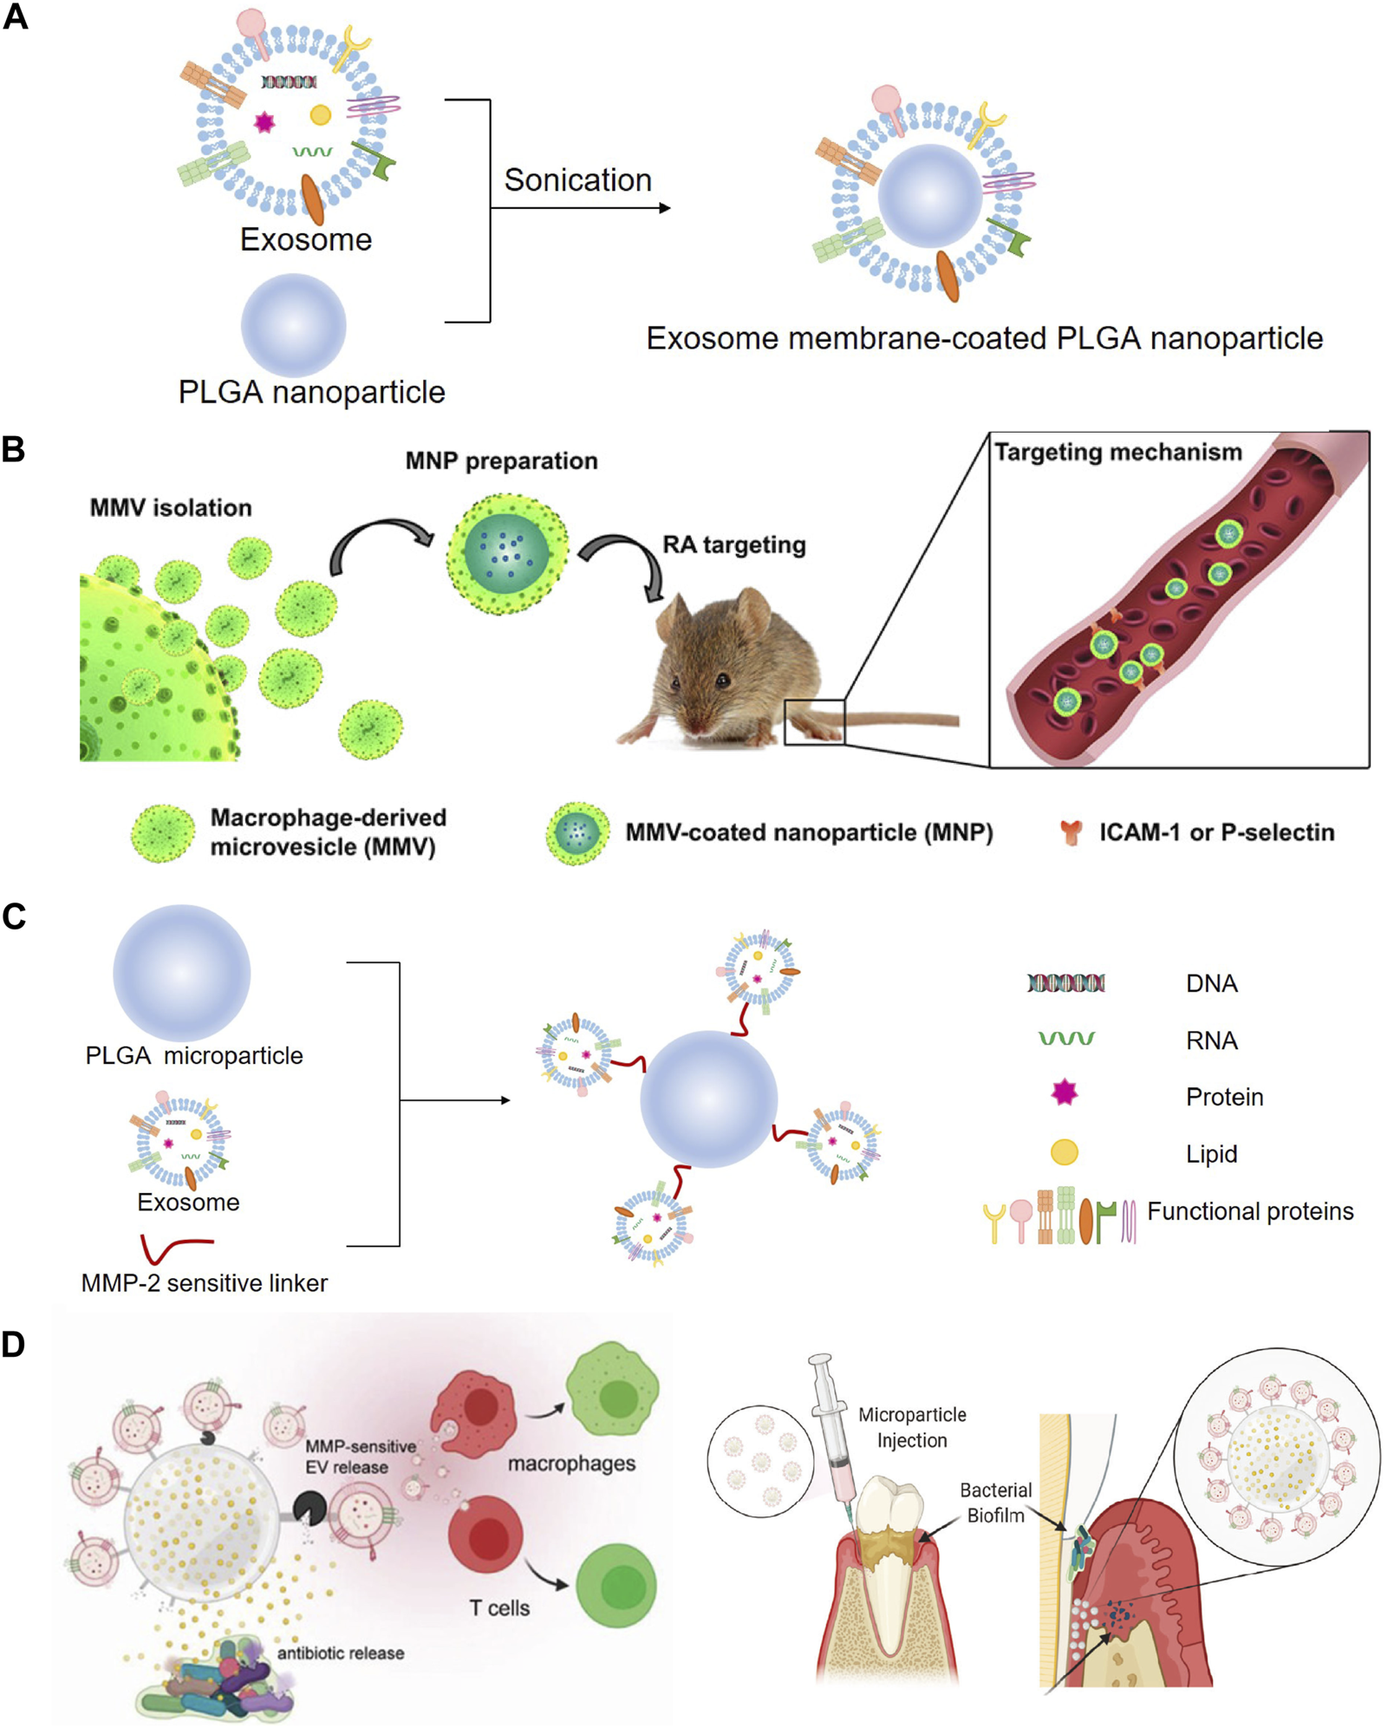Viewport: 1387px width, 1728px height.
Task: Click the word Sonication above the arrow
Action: tap(577, 180)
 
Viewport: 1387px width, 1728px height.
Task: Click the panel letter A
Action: tap(16, 17)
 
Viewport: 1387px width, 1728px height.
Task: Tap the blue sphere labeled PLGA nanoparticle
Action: tap(293, 325)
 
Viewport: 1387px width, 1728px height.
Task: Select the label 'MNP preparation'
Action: tap(501, 461)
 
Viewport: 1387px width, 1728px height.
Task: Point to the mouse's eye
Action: tap(721, 681)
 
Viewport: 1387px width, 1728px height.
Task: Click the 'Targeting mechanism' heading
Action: tap(1117, 453)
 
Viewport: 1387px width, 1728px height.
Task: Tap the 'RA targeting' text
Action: tap(733, 544)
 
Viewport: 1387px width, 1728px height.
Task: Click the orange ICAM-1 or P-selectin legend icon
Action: tap(1071, 832)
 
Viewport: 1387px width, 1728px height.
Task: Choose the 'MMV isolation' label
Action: tap(171, 508)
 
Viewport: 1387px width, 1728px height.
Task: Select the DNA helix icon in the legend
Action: tap(1065, 983)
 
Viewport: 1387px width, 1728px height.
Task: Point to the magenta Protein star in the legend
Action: tap(1064, 1092)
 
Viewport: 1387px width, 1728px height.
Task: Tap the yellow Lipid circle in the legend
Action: tap(1064, 1152)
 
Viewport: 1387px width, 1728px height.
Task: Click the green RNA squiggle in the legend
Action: tap(1065, 1038)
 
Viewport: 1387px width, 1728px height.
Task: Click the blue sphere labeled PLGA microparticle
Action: tap(181, 973)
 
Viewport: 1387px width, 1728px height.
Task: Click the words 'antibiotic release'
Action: tap(340, 1653)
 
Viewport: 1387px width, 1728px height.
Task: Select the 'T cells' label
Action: tap(499, 1608)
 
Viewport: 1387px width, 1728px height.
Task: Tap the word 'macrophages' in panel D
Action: tap(571, 1464)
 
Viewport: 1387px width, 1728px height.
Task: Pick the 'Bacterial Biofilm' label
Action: tap(995, 1503)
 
